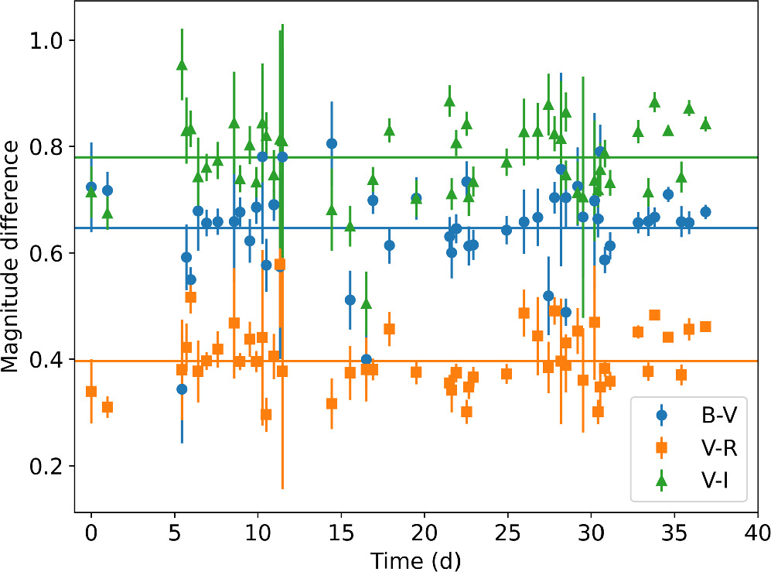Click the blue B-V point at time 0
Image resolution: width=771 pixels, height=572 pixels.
point(91,187)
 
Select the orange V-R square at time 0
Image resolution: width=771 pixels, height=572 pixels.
point(91,391)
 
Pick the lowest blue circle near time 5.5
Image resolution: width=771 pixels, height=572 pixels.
point(182,389)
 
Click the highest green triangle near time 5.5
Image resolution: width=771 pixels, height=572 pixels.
point(182,65)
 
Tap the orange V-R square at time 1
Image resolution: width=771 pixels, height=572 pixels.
point(107,407)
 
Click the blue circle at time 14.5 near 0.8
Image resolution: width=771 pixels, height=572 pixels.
point(332,143)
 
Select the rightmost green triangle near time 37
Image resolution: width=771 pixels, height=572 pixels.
point(705,124)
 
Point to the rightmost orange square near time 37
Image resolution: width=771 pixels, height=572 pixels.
point(705,327)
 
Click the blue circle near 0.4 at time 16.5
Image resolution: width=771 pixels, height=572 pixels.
point(367,360)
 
